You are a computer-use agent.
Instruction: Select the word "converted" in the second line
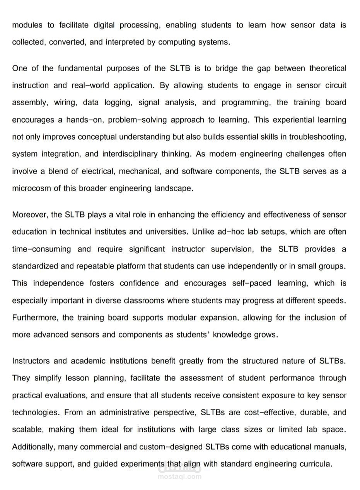(67, 42)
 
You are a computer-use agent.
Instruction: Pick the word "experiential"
(293, 120)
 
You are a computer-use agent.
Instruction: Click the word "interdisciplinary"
(130, 154)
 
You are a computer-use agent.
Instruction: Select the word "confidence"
(139, 283)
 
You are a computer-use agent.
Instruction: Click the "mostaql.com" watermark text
(180, 477)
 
